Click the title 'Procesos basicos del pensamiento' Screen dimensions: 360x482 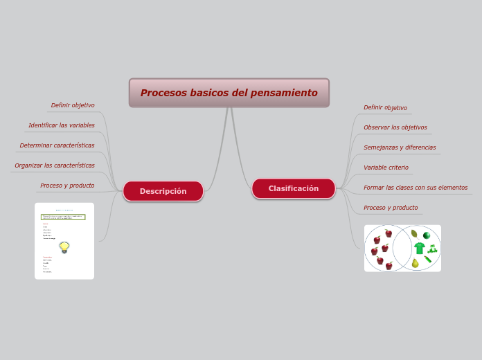(x=229, y=93)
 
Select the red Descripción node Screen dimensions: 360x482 (x=163, y=191)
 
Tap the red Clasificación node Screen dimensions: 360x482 (x=294, y=188)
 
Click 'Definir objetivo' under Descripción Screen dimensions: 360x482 (x=73, y=105)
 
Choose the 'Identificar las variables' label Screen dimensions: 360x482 (x=61, y=125)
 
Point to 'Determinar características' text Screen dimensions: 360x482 (x=57, y=145)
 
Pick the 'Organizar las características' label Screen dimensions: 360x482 (x=55, y=165)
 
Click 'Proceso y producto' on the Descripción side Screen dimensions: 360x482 (x=67, y=186)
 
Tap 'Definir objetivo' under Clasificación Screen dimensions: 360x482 (x=385, y=107)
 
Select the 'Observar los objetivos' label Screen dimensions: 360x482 (x=395, y=127)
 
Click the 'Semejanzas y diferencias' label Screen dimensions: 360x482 (x=400, y=147)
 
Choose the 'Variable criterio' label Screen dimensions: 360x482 (x=386, y=168)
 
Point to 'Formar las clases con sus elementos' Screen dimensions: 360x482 (x=416, y=188)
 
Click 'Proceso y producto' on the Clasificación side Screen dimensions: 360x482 (x=391, y=208)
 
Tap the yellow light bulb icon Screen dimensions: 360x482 (x=64, y=246)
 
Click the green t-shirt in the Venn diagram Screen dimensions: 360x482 (x=420, y=248)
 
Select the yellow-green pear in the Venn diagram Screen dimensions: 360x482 (x=416, y=263)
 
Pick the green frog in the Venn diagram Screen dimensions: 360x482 (x=433, y=249)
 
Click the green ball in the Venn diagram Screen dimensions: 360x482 (x=427, y=235)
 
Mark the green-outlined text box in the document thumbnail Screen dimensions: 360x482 (x=63, y=217)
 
